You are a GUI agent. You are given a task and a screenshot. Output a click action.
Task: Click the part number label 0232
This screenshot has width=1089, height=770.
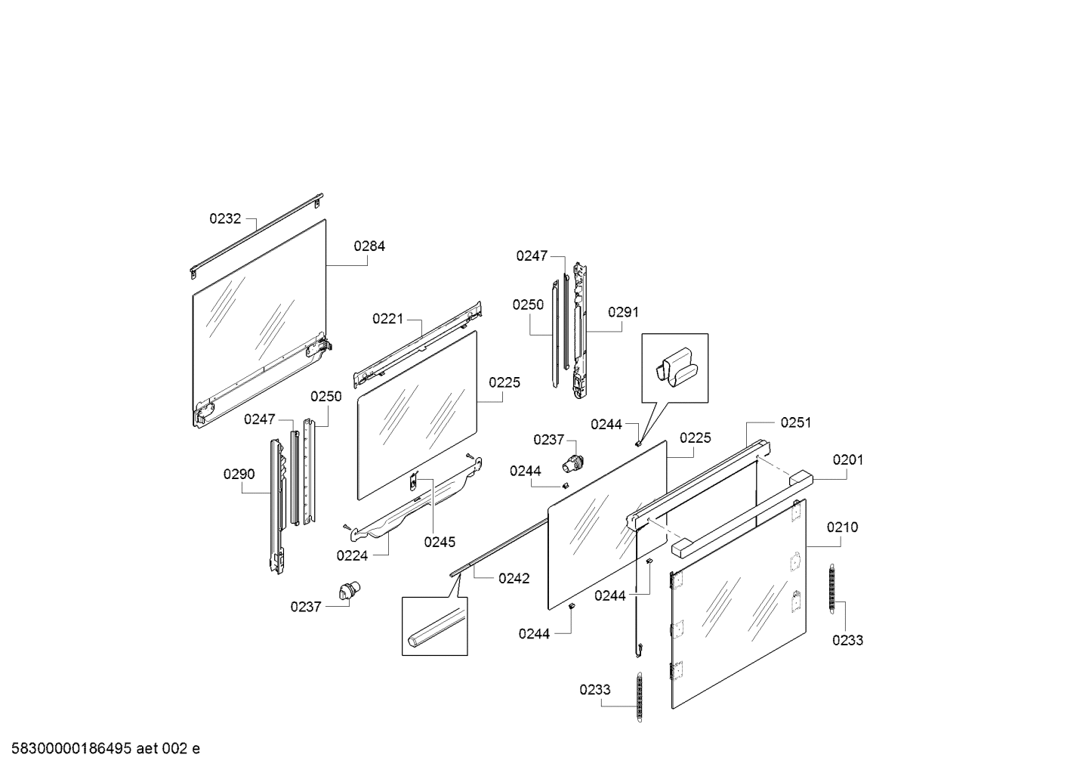tap(225, 219)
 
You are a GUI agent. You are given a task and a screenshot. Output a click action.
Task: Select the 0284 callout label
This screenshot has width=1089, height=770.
tap(369, 246)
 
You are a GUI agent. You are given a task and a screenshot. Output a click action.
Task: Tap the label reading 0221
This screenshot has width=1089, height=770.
tap(388, 319)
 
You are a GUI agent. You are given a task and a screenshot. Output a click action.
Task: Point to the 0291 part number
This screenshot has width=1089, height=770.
tap(623, 312)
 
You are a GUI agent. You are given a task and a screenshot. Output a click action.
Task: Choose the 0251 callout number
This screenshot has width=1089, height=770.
tap(796, 423)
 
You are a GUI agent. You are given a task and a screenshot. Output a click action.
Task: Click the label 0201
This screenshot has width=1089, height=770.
tap(848, 460)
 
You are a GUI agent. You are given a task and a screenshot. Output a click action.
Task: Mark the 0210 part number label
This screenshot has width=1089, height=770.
tap(842, 527)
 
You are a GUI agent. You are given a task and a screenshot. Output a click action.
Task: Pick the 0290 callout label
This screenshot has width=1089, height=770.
tap(239, 475)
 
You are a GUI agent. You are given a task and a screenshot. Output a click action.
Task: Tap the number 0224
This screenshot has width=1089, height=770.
tap(352, 556)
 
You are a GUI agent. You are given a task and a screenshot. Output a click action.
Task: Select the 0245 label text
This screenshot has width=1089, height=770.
tap(440, 542)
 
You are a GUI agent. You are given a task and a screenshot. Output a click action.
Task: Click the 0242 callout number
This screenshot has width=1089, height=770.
tap(514, 579)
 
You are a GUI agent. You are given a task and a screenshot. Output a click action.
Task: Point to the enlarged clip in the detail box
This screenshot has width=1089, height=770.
tap(675, 366)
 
